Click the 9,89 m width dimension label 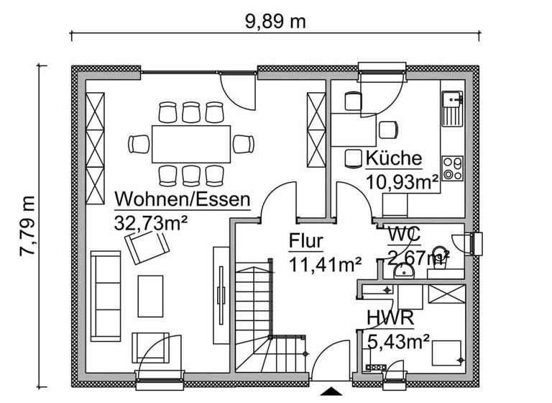276,21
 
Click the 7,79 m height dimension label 27,226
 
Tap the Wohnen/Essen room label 183,198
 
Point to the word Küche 393,160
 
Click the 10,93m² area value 402,182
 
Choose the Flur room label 306,241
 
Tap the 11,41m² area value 325,264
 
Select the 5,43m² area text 398,340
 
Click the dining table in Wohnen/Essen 191,143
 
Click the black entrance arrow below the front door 331,391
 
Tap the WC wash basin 405,271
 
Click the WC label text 404,235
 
